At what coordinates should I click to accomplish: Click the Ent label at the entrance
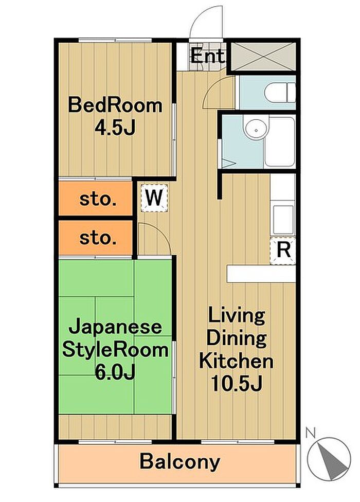click(x=207, y=57)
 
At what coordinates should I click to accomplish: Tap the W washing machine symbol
click(x=154, y=198)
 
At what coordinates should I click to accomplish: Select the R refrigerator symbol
click(x=282, y=250)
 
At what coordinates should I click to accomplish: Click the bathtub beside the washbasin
click(x=280, y=141)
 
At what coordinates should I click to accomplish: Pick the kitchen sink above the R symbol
click(x=283, y=219)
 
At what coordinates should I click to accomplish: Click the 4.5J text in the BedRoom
click(x=115, y=128)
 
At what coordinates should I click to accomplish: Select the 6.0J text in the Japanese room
click(x=115, y=372)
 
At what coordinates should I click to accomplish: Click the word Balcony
click(x=180, y=462)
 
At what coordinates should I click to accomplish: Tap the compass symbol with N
click(x=329, y=458)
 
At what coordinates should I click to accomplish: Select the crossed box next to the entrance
click(x=263, y=56)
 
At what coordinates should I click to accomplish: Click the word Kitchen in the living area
click(x=236, y=361)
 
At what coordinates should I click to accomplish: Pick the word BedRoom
click(x=115, y=105)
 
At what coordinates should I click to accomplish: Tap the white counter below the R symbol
click(x=261, y=274)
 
